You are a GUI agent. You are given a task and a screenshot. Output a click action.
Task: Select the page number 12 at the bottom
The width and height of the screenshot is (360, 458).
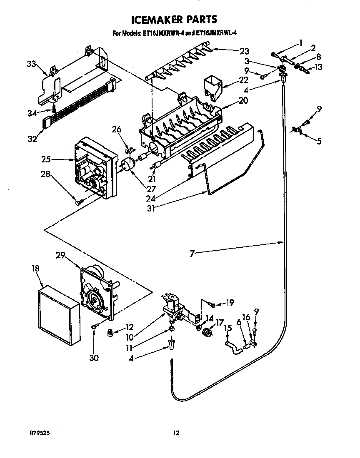176,433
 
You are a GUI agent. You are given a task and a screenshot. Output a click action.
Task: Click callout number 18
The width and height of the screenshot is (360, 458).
35,269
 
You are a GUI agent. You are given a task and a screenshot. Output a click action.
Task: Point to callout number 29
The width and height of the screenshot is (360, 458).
61,256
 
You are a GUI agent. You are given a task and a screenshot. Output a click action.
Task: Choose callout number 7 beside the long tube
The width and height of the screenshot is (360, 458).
192,252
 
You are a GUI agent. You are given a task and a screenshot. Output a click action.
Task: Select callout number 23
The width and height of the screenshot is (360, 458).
244,51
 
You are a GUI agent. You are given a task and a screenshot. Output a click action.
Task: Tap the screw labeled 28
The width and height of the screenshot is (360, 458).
79,202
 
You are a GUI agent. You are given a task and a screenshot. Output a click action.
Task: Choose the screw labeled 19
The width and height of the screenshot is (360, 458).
213,306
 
